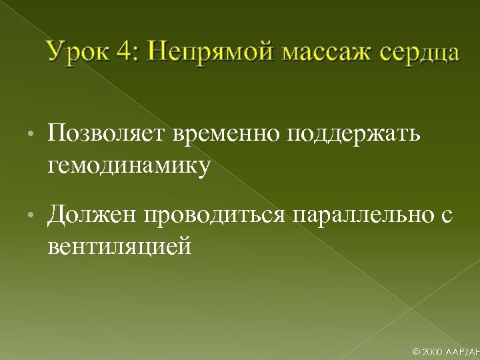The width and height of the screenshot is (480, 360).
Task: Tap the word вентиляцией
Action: [120, 247]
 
